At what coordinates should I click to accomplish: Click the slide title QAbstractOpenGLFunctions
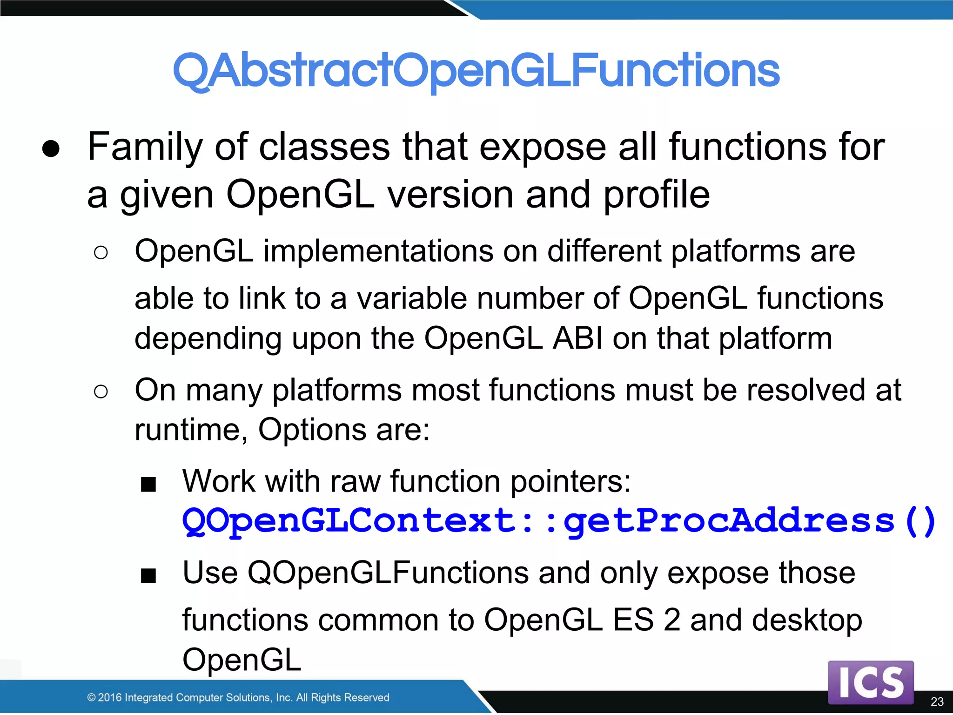point(476,71)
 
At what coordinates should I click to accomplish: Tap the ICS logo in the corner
point(871,682)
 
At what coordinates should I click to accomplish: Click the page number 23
point(937,702)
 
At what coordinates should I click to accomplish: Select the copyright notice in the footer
point(238,697)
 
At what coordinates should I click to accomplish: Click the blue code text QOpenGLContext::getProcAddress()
point(558,521)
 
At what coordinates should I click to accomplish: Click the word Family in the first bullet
point(145,147)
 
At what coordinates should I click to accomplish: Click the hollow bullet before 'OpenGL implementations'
point(101,253)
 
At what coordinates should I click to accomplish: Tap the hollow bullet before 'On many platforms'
point(101,391)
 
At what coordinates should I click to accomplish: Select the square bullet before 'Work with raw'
point(148,485)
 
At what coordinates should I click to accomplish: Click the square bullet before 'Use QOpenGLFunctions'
point(148,576)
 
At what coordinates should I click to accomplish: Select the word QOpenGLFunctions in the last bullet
point(388,573)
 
